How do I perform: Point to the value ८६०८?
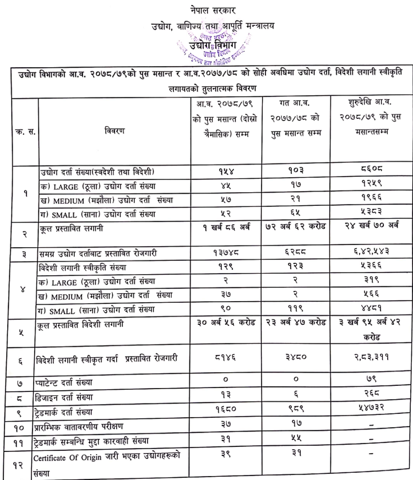(368, 171)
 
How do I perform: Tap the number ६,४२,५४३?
(368, 253)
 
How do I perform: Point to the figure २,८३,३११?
(368, 358)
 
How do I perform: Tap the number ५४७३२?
(368, 411)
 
